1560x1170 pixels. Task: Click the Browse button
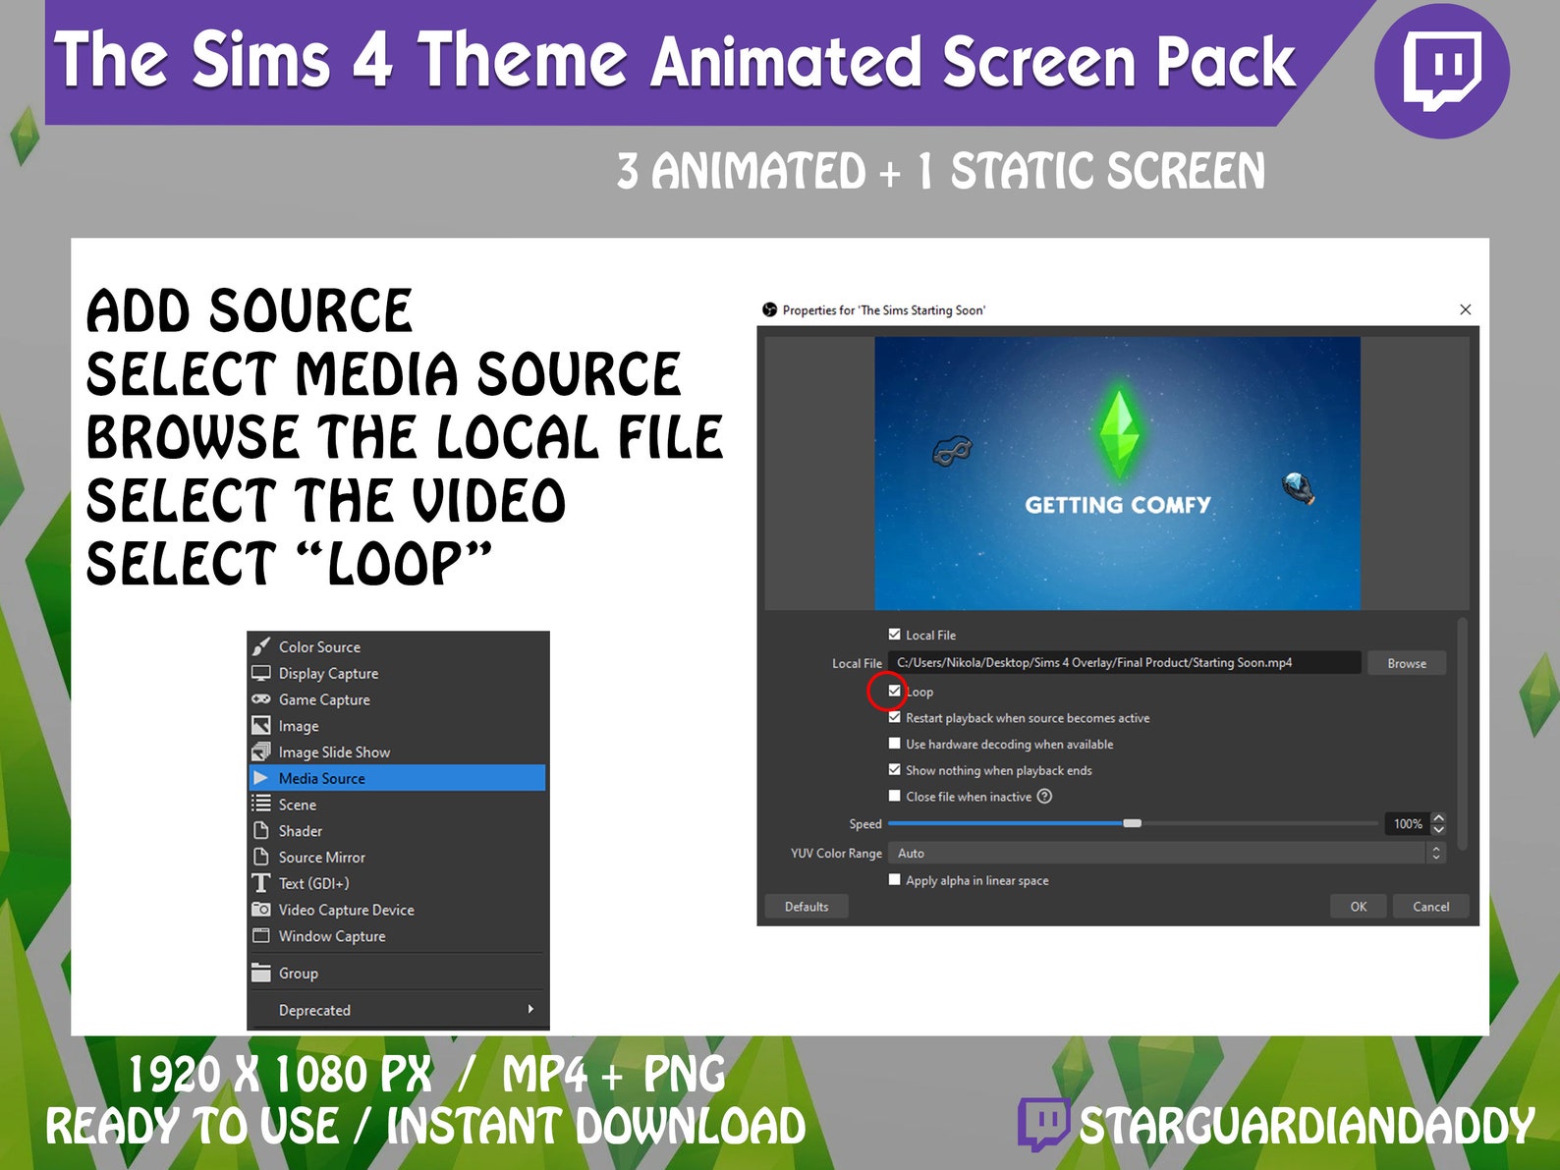(x=1406, y=664)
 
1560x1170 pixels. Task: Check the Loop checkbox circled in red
(x=894, y=691)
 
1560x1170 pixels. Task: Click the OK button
(x=1358, y=907)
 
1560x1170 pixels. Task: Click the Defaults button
(x=806, y=907)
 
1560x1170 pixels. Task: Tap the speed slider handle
(x=1133, y=823)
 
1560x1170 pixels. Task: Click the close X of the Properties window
(x=1465, y=309)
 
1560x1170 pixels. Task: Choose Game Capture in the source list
(x=324, y=699)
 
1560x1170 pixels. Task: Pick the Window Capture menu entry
(x=332, y=936)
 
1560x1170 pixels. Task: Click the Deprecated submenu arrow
(x=530, y=1009)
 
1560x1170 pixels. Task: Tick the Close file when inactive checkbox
(x=894, y=796)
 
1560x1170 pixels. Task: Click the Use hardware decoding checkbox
(x=894, y=744)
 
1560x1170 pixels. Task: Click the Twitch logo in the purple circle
(x=1441, y=71)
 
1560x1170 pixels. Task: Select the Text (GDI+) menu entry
(x=313, y=883)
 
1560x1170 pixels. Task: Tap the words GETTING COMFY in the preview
(x=1117, y=505)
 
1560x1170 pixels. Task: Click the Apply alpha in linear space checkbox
(x=894, y=879)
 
